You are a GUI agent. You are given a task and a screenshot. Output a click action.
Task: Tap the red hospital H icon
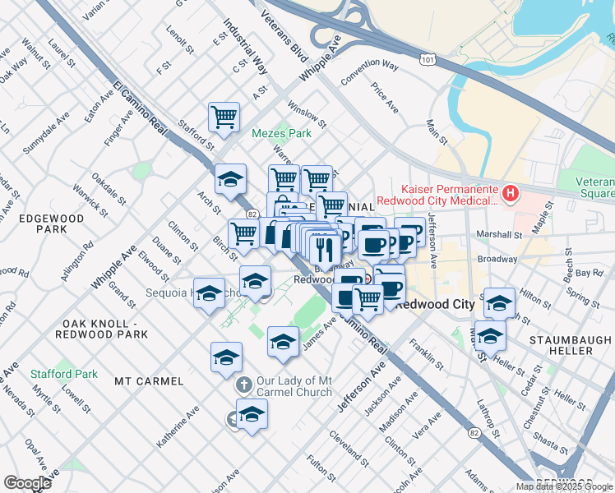511,194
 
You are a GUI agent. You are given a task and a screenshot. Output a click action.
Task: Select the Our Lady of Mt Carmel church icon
243,385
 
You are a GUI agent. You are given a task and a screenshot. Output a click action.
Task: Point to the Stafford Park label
64,374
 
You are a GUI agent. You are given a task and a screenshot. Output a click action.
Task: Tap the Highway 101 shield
426,60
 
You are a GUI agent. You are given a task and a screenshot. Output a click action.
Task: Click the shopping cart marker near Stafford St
224,117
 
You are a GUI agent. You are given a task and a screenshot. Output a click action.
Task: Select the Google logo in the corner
27,482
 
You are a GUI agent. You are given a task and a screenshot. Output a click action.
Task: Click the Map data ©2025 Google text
564,486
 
